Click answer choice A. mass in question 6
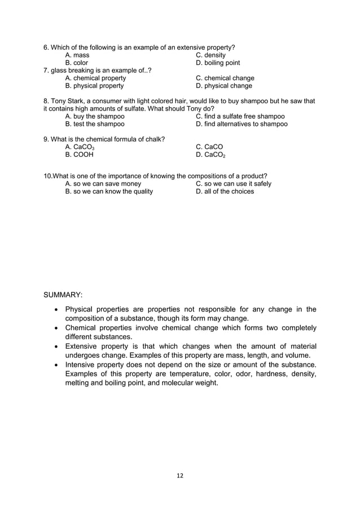77,55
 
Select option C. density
210,55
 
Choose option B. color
77,63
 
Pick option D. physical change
224,86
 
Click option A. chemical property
95,78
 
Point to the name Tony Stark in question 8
68,101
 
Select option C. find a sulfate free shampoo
240,116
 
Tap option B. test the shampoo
95,124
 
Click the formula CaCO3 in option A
83,147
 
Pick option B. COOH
79,155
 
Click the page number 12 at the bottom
180,476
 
